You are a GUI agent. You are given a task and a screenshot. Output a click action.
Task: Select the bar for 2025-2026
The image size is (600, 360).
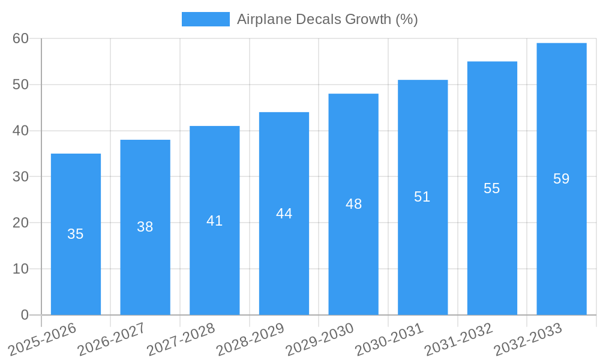pos(76,234)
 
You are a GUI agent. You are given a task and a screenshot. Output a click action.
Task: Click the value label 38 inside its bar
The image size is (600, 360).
pos(145,227)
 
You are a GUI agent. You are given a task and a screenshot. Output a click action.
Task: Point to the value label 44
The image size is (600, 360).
pos(284,214)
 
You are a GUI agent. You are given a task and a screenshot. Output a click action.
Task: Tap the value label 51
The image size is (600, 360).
pos(422,197)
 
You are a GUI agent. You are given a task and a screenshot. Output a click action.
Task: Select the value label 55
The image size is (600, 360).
pos(492,188)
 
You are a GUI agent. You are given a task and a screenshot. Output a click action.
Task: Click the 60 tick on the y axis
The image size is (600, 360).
pos(21,38)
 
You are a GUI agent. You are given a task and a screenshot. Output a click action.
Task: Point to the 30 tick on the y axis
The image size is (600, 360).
pos(21,176)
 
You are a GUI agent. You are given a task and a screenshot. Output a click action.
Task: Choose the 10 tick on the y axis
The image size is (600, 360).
pos(21,269)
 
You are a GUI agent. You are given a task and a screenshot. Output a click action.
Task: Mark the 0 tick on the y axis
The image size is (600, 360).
pos(25,315)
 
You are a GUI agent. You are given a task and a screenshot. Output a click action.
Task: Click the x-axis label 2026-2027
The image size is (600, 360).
pos(112,339)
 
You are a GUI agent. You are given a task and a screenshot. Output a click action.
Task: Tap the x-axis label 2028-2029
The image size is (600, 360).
pos(251,339)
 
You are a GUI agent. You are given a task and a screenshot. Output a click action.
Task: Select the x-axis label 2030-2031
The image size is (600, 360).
pos(390,339)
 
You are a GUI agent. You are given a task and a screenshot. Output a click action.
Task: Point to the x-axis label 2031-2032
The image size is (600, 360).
pos(459,339)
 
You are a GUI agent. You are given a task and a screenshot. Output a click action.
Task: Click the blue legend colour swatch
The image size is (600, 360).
pos(206,19)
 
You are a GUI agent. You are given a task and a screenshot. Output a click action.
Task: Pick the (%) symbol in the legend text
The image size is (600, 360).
pos(406,19)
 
